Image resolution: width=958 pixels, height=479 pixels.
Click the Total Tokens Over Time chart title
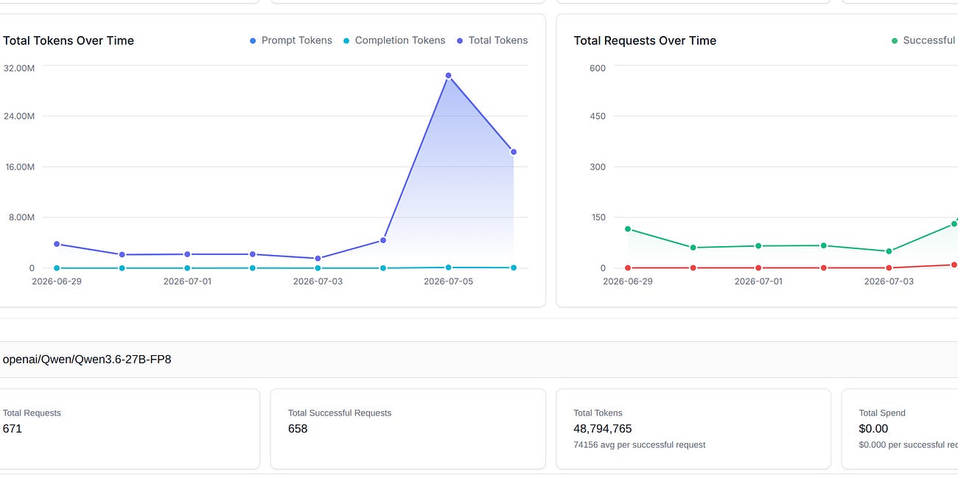pyautogui.click(x=69, y=41)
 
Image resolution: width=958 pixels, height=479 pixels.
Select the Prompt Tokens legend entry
pyautogui.click(x=291, y=41)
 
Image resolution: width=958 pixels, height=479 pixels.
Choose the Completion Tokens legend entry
pyautogui.click(x=394, y=41)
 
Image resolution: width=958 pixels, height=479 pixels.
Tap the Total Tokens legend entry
pyautogui.click(x=492, y=41)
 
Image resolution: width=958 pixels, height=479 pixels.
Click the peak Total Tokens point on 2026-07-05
pyautogui.click(x=448, y=76)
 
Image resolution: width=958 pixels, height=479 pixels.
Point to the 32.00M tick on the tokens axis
pyautogui.click(x=19, y=68)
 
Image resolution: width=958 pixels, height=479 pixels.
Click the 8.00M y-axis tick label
pyautogui.click(x=21, y=217)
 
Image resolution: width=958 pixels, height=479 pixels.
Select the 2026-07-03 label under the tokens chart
pyautogui.click(x=318, y=282)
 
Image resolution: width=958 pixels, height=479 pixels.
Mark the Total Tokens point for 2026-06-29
pyautogui.click(x=57, y=244)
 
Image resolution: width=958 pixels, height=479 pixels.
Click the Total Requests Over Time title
pyautogui.click(x=645, y=41)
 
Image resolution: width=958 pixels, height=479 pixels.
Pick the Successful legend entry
pyautogui.click(x=924, y=41)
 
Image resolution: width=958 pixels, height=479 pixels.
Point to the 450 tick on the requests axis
pyautogui.click(x=598, y=116)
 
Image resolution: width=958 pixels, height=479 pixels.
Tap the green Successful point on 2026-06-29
pyautogui.click(x=628, y=228)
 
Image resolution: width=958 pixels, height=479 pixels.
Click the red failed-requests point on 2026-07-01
pyautogui.click(x=758, y=268)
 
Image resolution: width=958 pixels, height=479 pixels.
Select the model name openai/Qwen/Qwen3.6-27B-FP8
pyautogui.click(x=87, y=360)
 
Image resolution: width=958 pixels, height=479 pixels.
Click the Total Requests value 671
pyautogui.click(x=12, y=429)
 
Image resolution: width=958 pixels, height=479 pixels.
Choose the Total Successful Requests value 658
pyautogui.click(x=298, y=429)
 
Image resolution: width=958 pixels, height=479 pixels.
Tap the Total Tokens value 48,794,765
pyautogui.click(x=603, y=429)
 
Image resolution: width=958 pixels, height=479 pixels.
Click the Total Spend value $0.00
pyautogui.click(x=873, y=429)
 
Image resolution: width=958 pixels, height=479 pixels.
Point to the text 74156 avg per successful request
pyautogui.click(x=640, y=445)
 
